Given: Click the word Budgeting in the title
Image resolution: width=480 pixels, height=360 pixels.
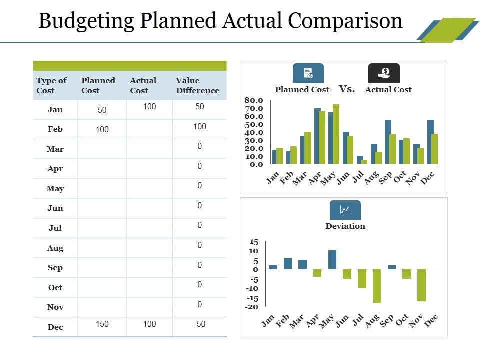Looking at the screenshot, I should (86, 21).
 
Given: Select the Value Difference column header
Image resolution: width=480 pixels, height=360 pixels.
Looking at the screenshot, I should (197, 85).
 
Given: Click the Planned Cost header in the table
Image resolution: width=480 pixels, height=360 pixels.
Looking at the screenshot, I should (98, 85).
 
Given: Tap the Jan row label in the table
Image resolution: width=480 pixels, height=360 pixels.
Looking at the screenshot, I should (55, 109).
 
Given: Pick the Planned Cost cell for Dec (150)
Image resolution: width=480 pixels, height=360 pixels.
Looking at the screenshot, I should (102, 324).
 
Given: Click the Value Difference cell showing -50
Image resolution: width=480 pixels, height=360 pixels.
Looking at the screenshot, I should (199, 324).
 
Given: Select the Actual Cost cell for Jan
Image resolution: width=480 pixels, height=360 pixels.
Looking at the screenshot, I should (149, 106).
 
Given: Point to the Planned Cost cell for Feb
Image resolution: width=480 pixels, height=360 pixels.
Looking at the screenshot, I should (102, 130).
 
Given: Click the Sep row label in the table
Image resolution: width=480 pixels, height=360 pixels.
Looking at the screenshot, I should (55, 267).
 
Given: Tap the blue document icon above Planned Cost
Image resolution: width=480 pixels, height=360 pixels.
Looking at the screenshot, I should (308, 73).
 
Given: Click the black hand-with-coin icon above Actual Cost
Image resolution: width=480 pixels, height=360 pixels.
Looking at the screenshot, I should (384, 73).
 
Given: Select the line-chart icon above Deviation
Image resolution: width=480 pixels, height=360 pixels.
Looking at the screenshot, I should (345, 210).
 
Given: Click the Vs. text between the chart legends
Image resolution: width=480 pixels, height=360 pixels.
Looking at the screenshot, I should (347, 89).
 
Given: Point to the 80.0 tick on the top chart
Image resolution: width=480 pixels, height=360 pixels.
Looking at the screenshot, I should (253, 100).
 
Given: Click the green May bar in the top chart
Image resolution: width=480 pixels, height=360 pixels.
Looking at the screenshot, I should (336, 134).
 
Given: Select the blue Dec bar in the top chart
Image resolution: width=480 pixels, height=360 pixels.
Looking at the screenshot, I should (430, 142).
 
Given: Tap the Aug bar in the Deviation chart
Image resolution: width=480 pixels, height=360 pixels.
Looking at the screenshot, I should (376, 286).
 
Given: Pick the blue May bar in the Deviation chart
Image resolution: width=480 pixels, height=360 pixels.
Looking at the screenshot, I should (332, 260).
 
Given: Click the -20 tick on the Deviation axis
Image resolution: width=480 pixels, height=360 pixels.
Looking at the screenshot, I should (251, 307).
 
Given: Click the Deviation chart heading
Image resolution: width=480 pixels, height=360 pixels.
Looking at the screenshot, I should (345, 226).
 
